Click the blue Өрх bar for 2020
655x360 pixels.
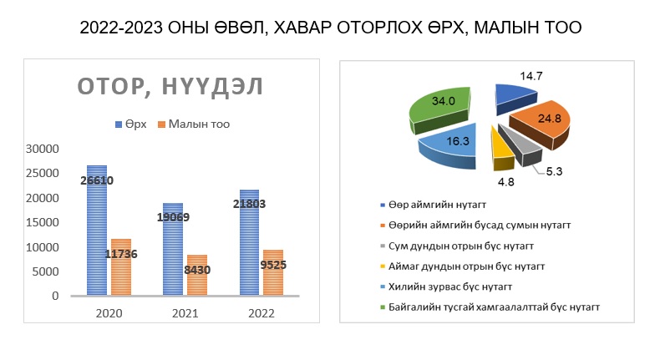97,231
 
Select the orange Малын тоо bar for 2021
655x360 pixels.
197,276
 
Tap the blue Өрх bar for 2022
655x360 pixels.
249,242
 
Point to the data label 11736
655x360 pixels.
120,254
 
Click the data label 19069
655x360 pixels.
174,217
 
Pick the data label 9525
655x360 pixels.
273,265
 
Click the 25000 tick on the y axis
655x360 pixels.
42,174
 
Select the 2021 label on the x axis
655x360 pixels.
185,313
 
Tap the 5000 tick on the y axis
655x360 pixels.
45,271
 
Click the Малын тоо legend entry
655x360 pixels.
194,124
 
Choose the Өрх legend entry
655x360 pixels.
131,124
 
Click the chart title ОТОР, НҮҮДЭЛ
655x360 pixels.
170,87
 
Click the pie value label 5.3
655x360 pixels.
555,171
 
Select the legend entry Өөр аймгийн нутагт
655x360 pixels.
433,205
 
